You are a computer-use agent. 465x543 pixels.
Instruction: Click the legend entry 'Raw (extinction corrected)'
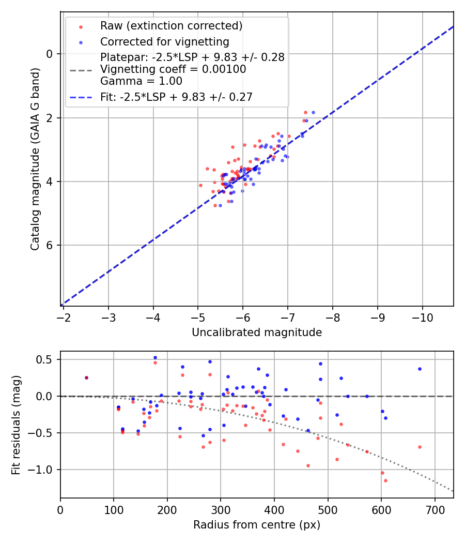coord(171,26)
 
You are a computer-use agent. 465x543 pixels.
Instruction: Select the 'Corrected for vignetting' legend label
coord(164,41)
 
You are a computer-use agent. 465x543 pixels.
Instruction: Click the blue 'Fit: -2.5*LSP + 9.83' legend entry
coord(176,97)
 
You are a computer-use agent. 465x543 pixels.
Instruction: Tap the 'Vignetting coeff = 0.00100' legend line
coord(173,69)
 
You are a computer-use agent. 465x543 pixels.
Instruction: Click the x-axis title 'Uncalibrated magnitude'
coord(257,333)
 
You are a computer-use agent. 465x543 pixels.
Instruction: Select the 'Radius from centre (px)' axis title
coord(257,525)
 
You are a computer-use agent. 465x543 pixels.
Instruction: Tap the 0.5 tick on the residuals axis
coord(46,359)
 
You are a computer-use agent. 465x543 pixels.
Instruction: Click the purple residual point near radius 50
coord(86,378)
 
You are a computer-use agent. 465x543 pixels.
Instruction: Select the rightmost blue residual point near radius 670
coord(420,369)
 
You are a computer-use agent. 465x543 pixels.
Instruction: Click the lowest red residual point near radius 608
coord(385,480)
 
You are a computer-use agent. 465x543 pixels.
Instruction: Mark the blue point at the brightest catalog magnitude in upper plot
coord(313,112)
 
